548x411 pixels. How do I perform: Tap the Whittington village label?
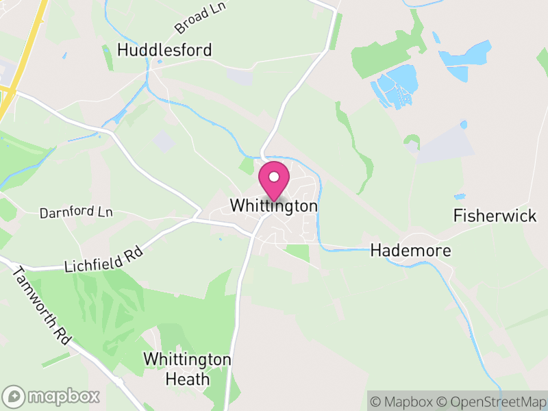point(274,206)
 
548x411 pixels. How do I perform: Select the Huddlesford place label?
point(164,50)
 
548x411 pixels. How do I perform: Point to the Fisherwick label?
point(495,216)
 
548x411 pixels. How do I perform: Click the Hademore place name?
point(411,251)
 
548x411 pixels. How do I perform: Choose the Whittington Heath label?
point(187,369)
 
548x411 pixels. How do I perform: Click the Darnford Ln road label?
point(75,213)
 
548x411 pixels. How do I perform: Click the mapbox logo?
point(52,396)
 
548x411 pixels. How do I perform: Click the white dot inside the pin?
point(274,177)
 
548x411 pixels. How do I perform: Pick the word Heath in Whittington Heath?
point(187,378)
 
